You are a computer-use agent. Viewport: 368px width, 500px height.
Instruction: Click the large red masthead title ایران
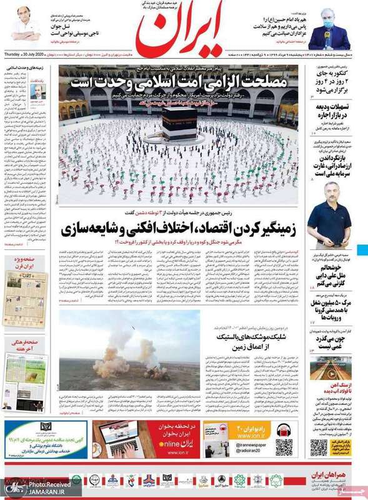[184, 31]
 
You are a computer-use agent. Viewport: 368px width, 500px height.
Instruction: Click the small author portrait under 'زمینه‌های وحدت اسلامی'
[38, 91]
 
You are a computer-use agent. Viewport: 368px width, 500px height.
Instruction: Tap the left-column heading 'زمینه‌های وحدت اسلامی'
[28, 67]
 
